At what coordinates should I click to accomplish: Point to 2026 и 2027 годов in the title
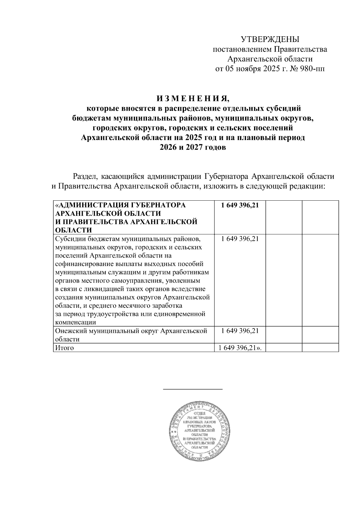193,148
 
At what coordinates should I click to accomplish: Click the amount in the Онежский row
239,331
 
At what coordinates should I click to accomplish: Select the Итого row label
64,348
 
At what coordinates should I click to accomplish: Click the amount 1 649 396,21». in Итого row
241,348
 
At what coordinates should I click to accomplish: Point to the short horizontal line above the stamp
193,389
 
